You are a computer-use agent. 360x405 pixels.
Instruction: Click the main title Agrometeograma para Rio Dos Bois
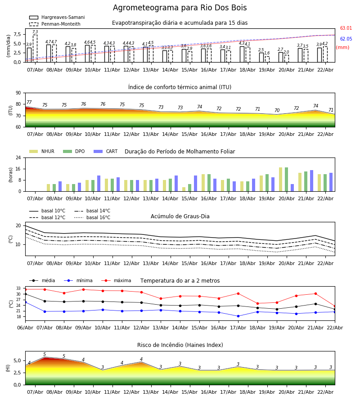(x=180, y=8)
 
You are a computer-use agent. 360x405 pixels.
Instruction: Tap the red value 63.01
(x=346, y=28)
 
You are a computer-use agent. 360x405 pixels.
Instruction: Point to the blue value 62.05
(x=346, y=39)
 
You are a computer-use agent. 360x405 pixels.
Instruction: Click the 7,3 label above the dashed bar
(x=35, y=32)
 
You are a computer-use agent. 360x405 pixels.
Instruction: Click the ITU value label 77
(x=29, y=103)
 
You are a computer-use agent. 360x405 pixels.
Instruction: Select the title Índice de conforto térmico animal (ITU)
(x=180, y=87)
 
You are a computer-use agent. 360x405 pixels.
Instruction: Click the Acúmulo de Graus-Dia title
(x=180, y=216)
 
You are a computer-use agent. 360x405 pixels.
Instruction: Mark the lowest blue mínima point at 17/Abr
(x=238, y=316)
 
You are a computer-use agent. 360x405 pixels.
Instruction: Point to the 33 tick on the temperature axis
(x=18, y=288)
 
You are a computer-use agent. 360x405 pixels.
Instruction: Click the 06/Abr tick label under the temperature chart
(x=25, y=327)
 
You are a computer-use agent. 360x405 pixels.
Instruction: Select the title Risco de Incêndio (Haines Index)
(x=180, y=345)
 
